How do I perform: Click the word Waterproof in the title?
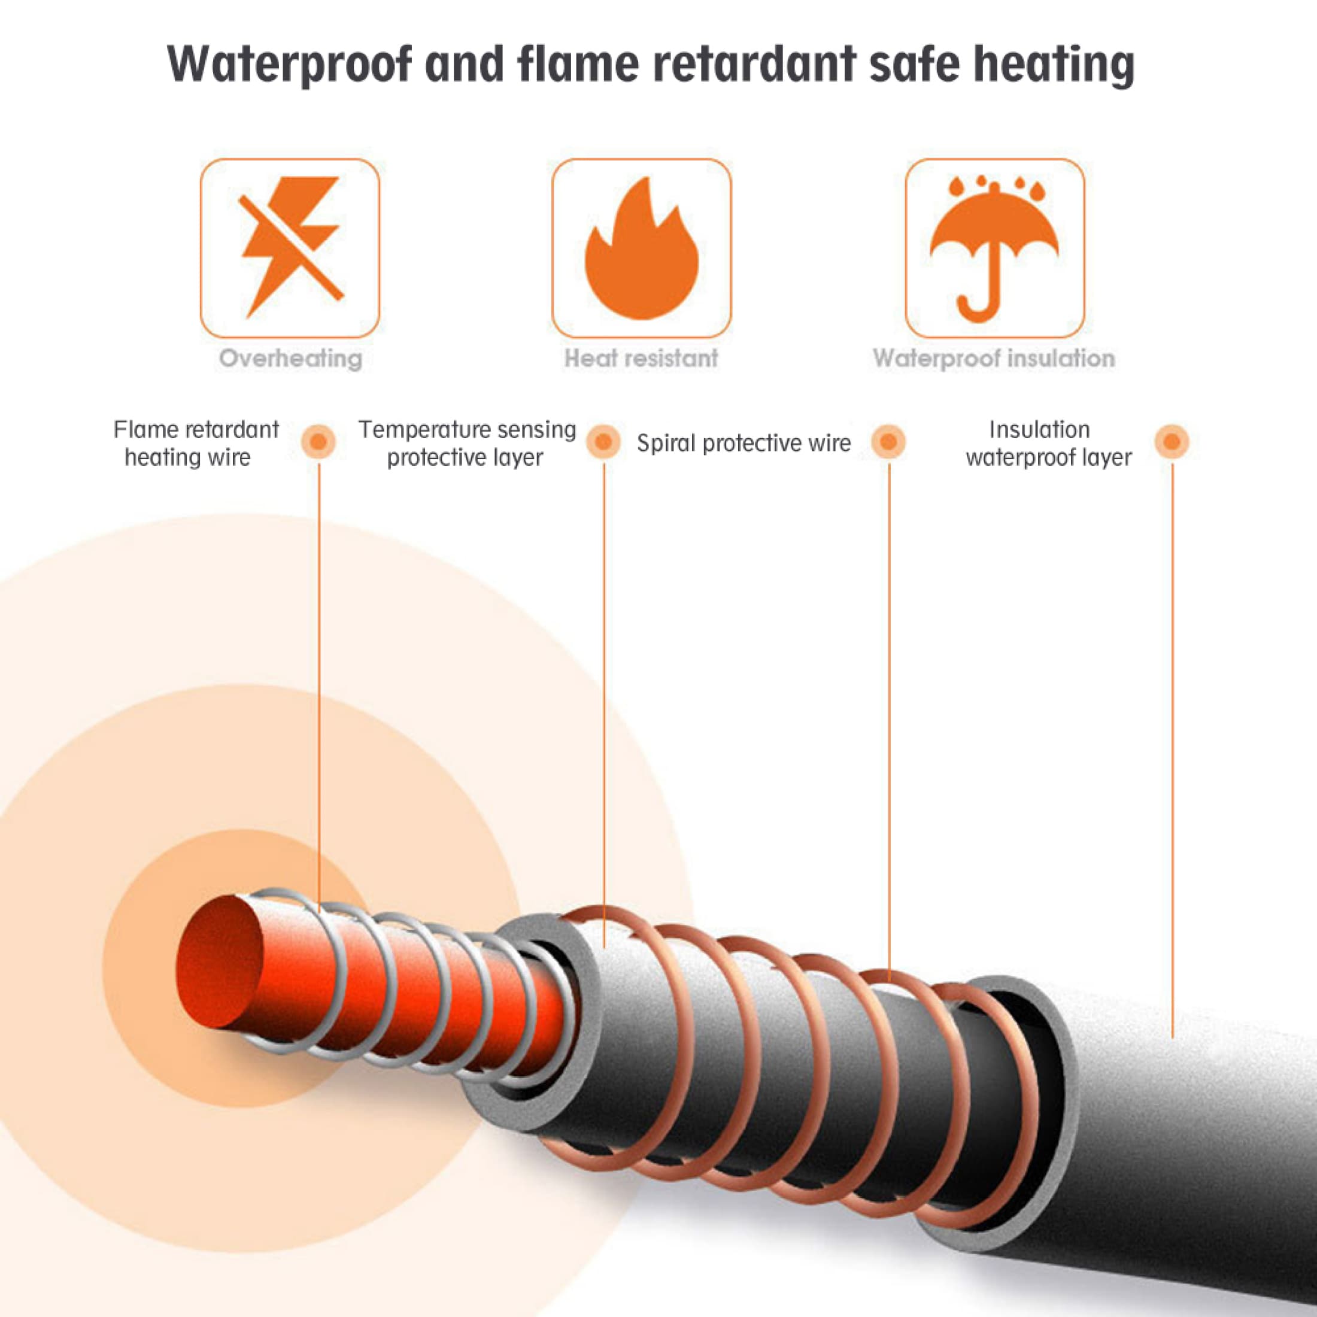[x=290, y=65]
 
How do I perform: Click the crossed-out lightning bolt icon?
[x=290, y=247]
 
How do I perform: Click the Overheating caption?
[x=290, y=359]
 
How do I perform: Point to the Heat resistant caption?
[x=642, y=358]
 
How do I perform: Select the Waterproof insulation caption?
[x=994, y=359]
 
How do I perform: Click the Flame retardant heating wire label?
[x=196, y=443]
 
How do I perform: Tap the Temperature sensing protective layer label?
[x=467, y=443]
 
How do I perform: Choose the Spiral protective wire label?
[x=744, y=444]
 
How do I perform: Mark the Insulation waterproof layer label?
[x=1048, y=443]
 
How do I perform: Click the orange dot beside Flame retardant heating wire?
[x=318, y=442]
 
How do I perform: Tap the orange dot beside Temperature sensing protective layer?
[x=603, y=442]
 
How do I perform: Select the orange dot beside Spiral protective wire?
[x=888, y=442]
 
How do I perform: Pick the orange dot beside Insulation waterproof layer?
[x=1172, y=442]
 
